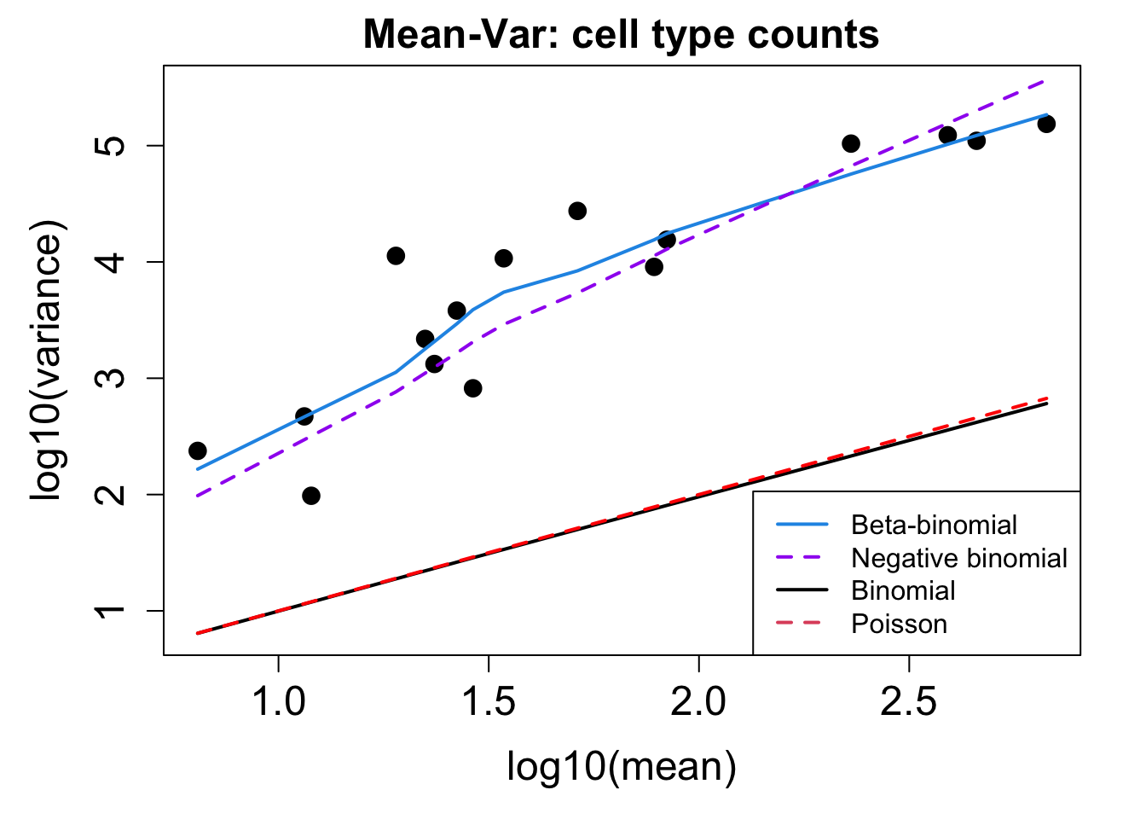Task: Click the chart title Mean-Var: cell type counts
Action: coord(621,35)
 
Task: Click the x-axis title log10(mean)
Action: coord(621,766)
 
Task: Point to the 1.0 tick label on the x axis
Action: coord(279,701)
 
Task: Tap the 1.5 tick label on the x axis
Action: coord(489,701)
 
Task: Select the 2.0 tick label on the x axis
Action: coord(698,701)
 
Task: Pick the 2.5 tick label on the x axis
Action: coord(909,701)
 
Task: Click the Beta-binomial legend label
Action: coord(934,525)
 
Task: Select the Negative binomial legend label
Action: coord(959,558)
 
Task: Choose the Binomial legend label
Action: coord(903,590)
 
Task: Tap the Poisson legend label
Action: coord(899,624)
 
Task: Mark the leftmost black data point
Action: coord(198,450)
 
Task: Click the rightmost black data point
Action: coord(1046,124)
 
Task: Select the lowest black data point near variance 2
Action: coord(311,496)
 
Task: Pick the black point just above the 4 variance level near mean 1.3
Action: coord(396,256)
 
